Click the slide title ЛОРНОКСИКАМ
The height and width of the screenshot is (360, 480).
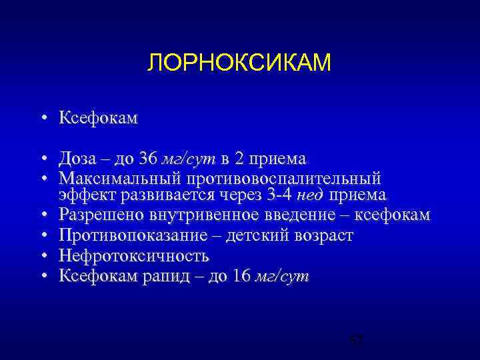pos(239,63)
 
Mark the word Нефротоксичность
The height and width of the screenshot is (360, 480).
pos(133,256)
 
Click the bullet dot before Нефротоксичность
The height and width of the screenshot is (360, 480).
pos(42,256)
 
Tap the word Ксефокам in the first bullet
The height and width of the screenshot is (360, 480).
pos(98,119)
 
